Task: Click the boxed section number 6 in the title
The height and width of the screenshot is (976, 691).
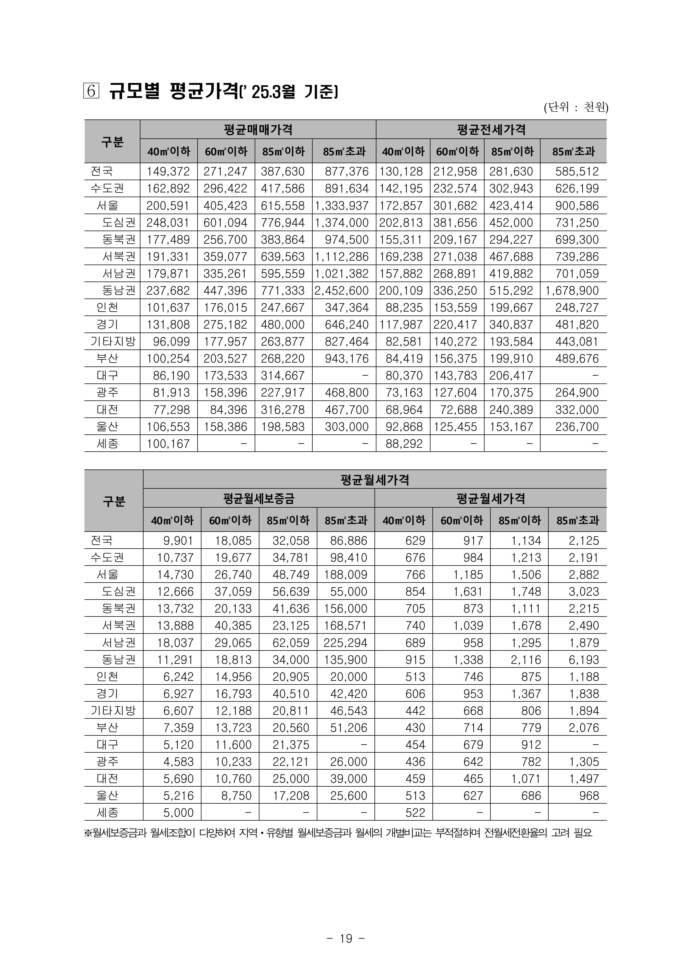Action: (x=91, y=91)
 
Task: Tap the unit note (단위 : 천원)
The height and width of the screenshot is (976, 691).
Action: (x=576, y=107)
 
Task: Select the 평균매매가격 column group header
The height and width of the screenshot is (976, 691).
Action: (x=258, y=129)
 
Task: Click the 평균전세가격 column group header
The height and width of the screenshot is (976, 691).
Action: (x=491, y=129)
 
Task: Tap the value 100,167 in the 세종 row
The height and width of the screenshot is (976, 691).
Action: (x=169, y=444)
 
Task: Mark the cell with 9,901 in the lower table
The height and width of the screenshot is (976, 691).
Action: (x=179, y=540)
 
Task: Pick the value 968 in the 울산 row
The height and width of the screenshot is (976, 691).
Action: (x=589, y=796)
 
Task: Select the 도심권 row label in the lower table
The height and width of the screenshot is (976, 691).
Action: (x=119, y=591)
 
